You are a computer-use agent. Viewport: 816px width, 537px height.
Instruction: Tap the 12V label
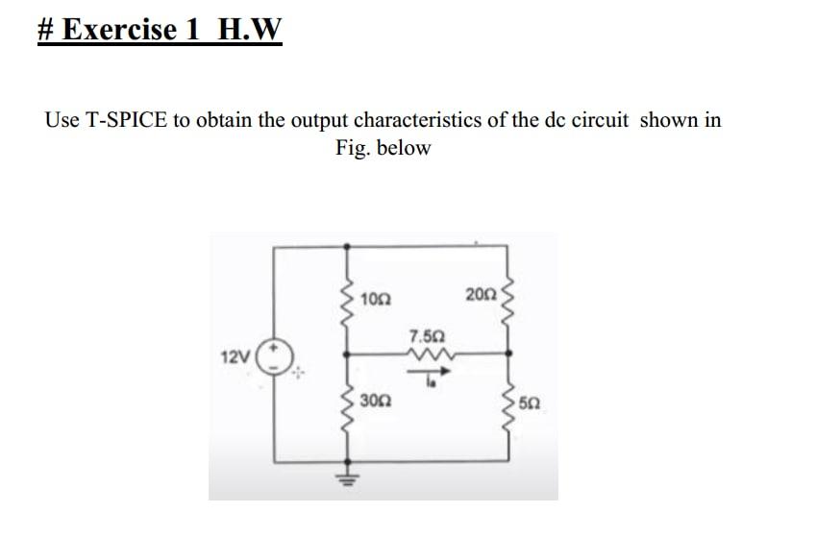235,357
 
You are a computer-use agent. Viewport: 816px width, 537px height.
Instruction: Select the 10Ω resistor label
376,300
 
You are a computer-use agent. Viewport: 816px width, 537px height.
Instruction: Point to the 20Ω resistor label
482,295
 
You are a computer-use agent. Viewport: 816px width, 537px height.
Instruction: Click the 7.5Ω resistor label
428,334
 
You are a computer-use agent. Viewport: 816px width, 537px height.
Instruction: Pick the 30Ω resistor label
376,402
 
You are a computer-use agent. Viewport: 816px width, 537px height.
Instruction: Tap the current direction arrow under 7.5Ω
429,372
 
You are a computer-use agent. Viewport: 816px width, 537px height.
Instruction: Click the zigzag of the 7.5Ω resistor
430,354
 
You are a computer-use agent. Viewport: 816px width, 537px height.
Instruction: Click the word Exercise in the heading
120,29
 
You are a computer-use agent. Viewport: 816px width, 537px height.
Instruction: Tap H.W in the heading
250,29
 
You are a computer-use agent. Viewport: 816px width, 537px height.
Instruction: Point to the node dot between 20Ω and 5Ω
508,354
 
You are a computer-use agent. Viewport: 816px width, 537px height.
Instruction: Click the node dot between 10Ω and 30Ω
347,354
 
